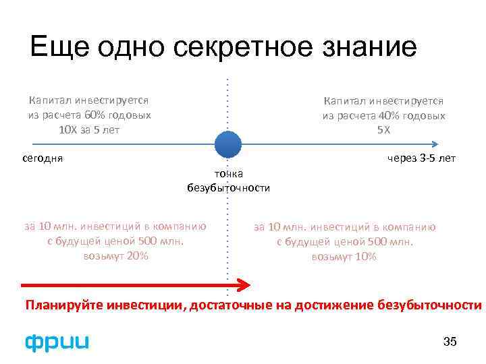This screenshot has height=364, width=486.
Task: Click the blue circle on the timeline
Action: [228, 144]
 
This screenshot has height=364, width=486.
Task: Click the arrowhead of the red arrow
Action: [244, 286]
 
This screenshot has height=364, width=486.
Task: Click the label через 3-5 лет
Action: [421, 158]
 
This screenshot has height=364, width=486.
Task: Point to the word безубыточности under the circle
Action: [228, 187]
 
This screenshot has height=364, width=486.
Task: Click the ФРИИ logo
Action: [57, 342]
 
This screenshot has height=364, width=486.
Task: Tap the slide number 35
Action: [450, 342]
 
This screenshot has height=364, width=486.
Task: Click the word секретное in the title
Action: [236, 47]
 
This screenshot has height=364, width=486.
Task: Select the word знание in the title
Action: [364, 47]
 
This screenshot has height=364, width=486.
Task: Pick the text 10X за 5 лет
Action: [89, 129]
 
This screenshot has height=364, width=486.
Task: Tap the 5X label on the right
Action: [383, 129]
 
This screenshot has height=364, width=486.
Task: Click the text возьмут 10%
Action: [344, 257]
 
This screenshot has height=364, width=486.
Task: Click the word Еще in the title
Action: [53, 47]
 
